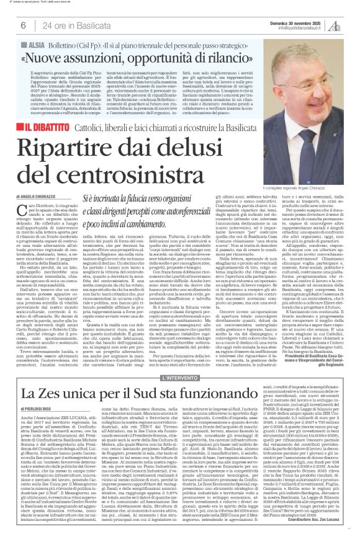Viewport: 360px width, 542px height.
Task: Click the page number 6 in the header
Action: (22, 25)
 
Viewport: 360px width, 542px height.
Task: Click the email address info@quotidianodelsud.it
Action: (301, 28)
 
